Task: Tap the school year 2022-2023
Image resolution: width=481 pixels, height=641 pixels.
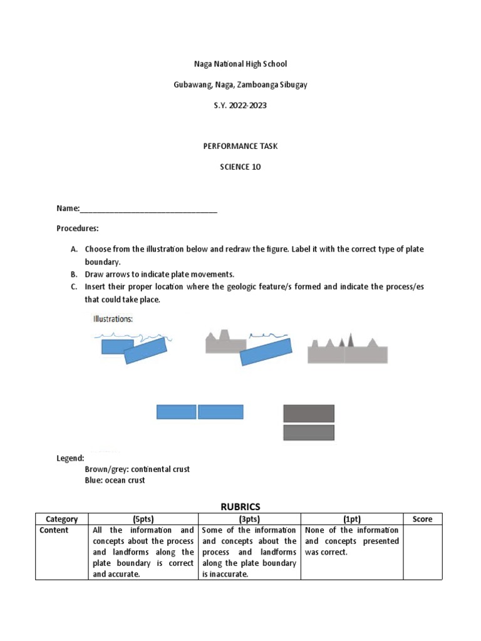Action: pos(240,105)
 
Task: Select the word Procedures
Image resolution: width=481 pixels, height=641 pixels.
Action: pos(77,228)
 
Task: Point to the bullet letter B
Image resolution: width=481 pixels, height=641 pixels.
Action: pos(73,274)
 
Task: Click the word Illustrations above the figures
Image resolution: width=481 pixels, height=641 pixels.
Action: pos(113,319)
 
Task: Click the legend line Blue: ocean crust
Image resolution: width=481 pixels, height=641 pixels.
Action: pos(115,480)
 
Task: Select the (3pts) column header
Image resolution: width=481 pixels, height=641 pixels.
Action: pos(249,519)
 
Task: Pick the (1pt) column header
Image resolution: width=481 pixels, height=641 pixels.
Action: pos(351,519)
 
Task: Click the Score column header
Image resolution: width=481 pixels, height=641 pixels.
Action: pos(422,519)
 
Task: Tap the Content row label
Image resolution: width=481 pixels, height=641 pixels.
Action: pos(54,530)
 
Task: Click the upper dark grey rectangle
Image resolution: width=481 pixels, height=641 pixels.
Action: pos(309,413)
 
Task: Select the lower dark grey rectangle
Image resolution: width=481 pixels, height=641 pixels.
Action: pos(309,433)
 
